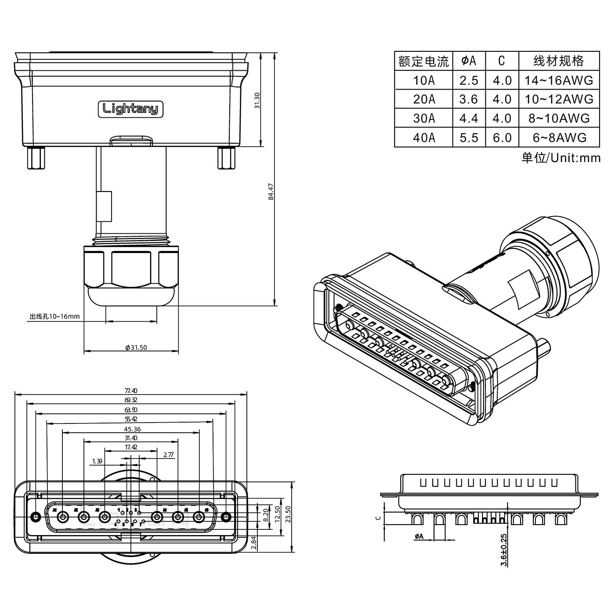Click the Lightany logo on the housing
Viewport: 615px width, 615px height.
130,109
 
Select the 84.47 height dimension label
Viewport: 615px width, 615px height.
271,192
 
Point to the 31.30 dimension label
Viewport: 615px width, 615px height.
258,101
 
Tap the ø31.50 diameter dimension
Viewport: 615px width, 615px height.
136,347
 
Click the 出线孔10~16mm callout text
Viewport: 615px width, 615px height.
54,316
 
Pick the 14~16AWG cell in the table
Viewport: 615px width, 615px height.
559,80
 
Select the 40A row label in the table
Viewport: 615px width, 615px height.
424,137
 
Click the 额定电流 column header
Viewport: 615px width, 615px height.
423,61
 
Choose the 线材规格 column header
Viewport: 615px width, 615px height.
559,61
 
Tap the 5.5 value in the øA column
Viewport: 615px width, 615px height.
469,137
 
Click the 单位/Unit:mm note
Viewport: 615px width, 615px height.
561,158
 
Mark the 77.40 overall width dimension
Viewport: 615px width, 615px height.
131,391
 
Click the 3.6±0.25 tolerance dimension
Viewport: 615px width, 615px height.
504,550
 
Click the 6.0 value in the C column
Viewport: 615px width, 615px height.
502,137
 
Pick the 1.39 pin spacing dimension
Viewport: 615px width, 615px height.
98,461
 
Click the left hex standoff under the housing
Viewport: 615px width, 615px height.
35,159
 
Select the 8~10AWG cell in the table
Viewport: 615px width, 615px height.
559,118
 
